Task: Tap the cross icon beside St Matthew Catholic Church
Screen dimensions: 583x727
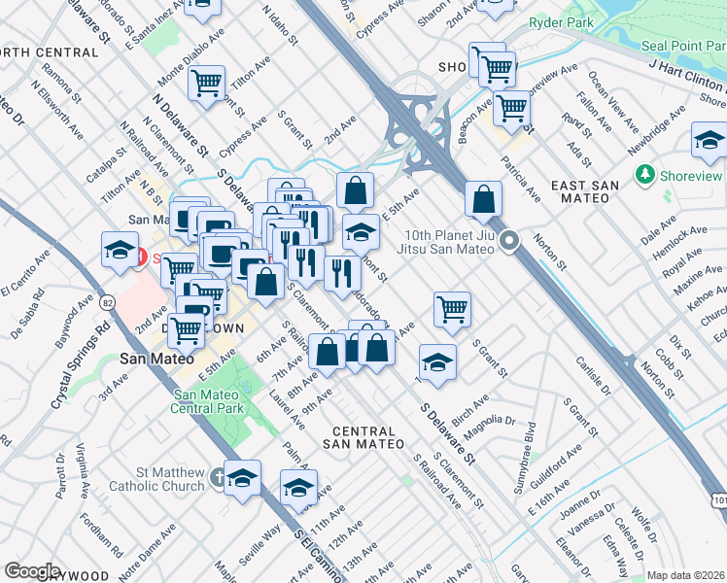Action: coord(219,478)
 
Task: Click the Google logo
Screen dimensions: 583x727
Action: coord(32,571)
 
